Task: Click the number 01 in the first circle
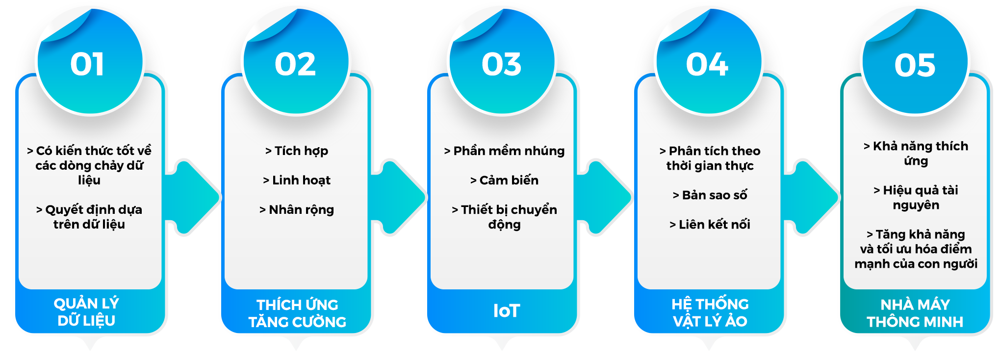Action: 87,65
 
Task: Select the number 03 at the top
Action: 501,65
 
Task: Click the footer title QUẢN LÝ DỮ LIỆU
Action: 86,312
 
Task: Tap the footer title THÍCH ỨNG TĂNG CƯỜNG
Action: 297,313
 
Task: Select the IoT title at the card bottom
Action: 506,311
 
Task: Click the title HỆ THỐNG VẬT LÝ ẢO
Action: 710,312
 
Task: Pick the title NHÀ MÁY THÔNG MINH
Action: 915,313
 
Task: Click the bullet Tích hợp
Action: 297,151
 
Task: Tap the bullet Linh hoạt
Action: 297,180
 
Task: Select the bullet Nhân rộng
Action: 297,210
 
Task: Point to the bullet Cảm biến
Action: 504,180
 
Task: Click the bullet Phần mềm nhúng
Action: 504,151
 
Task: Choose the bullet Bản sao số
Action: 710,195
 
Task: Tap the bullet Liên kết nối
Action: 710,225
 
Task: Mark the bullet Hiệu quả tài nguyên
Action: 916,198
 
